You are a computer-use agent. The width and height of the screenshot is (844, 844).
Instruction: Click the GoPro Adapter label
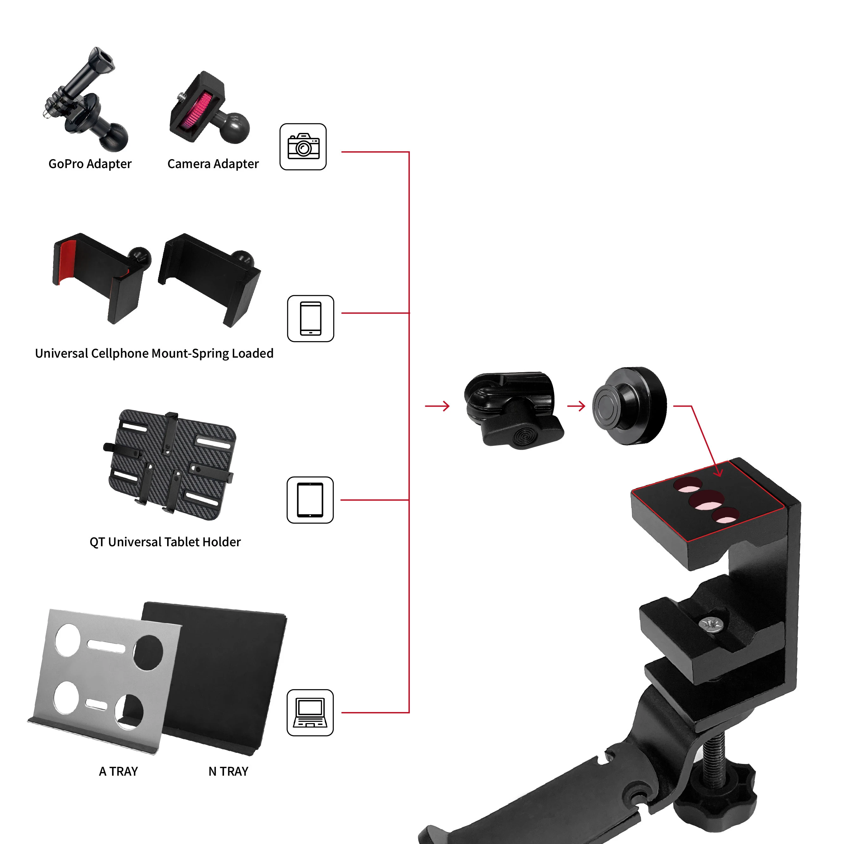click(90, 164)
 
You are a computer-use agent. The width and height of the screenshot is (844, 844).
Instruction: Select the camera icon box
click(303, 147)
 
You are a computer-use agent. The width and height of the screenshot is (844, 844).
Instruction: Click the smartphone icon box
click(310, 318)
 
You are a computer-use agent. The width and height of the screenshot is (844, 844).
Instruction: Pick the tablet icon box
click(310, 500)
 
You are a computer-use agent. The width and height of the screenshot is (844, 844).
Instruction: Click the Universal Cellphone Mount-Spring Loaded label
click(154, 353)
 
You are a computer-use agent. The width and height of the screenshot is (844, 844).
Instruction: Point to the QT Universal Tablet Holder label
click(165, 542)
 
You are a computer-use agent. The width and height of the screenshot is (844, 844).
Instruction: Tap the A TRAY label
click(118, 772)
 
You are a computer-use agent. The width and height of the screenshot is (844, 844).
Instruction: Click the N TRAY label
click(228, 772)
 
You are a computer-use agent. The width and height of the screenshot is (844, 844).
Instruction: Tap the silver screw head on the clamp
click(711, 624)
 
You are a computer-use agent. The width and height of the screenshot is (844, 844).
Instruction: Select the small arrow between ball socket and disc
click(576, 406)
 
